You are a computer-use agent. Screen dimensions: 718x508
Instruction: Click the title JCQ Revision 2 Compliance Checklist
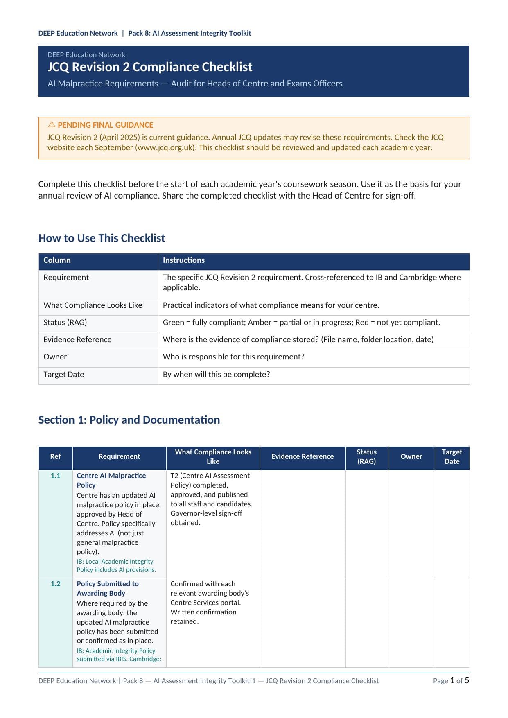(x=150, y=67)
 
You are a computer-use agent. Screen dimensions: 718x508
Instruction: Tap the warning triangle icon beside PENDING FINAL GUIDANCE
(x=52, y=124)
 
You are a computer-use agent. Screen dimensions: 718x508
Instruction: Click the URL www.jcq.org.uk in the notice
(x=166, y=148)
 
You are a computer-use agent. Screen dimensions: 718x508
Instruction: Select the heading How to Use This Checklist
(x=102, y=238)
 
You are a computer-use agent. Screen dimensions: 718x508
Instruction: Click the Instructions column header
(x=183, y=260)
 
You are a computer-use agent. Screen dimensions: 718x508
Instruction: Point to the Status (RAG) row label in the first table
(x=65, y=323)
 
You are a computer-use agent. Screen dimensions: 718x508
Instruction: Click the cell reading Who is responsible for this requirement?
(x=233, y=357)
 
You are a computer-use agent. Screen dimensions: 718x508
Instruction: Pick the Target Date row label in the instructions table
(x=63, y=375)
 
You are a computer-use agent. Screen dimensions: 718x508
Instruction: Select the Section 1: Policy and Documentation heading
(x=129, y=420)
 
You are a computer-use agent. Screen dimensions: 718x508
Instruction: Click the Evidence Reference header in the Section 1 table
(x=303, y=457)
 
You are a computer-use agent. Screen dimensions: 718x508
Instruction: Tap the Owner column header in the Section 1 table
(x=411, y=457)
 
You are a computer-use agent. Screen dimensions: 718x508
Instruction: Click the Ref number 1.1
(x=55, y=476)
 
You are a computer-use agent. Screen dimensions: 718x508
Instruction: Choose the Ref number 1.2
(x=55, y=584)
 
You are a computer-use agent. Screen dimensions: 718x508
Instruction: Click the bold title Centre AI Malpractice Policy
(x=111, y=481)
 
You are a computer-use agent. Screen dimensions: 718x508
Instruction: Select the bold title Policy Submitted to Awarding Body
(x=107, y=589)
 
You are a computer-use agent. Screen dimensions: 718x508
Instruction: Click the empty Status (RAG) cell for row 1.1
(x=366, y=524)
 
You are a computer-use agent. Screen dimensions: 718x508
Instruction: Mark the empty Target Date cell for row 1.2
(x=452, y=622)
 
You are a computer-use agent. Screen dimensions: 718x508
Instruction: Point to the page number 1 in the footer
(x=452, y=680)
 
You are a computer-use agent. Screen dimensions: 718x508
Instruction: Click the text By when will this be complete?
(x=216, y=375)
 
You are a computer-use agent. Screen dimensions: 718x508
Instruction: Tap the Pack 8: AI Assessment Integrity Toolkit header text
(x=190, y=33)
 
